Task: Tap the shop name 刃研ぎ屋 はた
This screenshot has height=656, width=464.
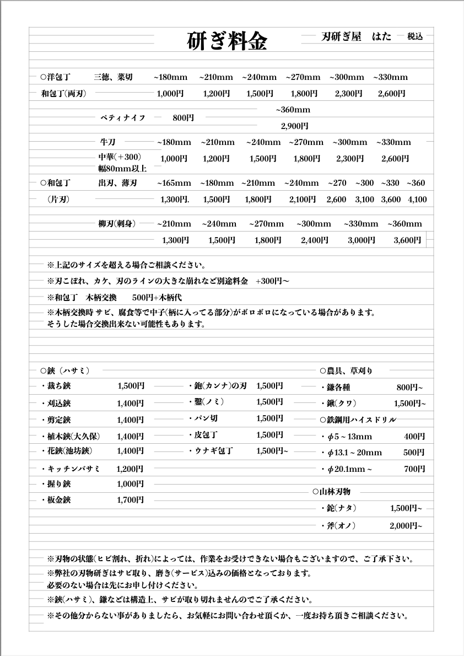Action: (x=356, y=37)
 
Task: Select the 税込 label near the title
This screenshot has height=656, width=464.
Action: (x=415, y=37)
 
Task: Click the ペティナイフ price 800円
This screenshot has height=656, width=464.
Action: (x=183, y=118)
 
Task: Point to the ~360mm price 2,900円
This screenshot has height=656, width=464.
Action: (x=294, y=126)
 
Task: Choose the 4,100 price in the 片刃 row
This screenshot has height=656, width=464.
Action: (x=417, y=200)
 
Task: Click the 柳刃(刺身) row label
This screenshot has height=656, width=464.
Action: (x=117, y=224)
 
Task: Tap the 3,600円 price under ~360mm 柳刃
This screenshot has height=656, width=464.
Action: (x=407, y=240)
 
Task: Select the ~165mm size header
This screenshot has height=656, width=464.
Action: (x=174, y=183)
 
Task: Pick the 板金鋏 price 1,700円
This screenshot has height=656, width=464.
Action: (x=130, y=501)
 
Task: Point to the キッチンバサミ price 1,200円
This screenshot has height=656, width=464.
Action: (x=130, y=469)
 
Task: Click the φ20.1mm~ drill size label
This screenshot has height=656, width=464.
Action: (x=347, y=470)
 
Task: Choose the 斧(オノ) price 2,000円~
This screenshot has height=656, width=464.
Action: (x=406, y=526)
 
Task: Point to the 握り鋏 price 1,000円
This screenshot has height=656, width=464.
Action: (x=130, y=484)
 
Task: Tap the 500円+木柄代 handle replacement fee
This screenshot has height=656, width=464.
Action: (x=158, y=298)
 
